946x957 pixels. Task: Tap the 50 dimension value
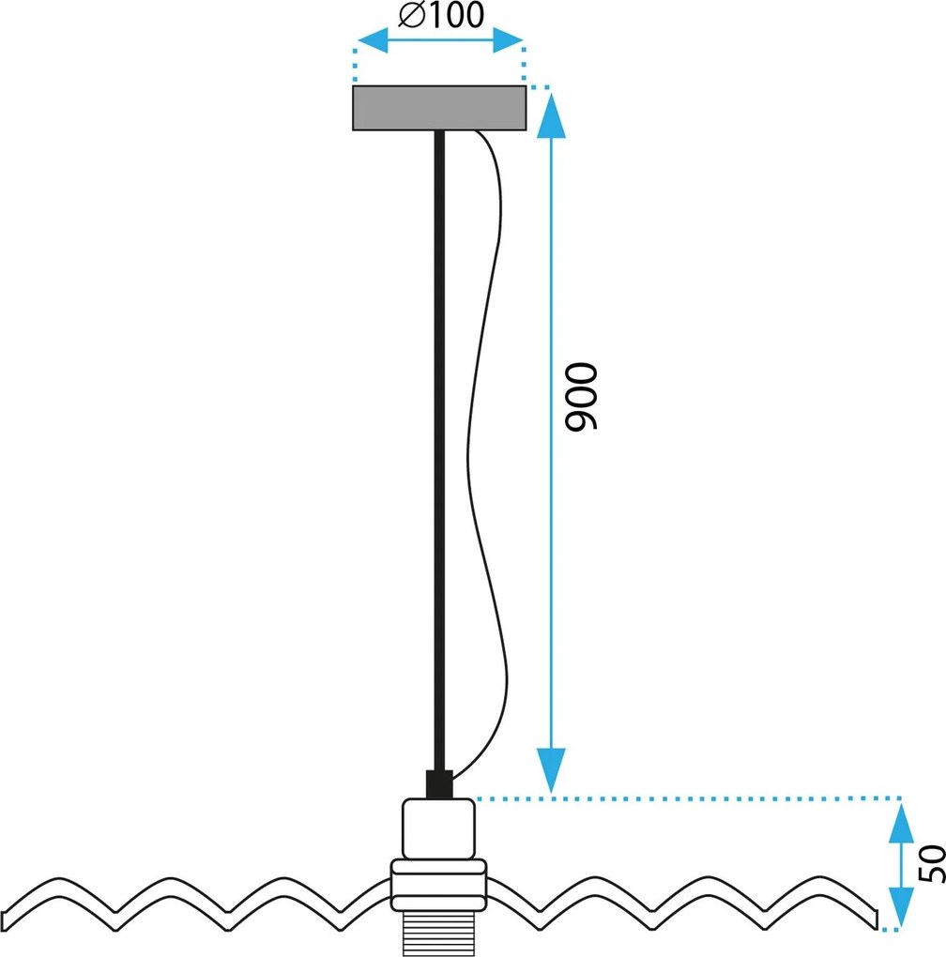pos(932,864)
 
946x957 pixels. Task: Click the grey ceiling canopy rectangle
pos(439,108)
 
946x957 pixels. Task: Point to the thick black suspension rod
pos(438,450)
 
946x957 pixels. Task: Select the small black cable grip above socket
pos(438,783)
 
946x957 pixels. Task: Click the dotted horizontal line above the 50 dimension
pos(685,799)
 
